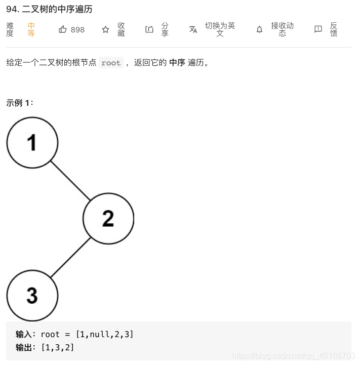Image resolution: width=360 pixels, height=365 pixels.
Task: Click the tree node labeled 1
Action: point(32,142)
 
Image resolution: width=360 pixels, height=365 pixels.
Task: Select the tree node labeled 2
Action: point(108,219)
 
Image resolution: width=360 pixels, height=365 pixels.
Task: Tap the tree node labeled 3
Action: point(32,295)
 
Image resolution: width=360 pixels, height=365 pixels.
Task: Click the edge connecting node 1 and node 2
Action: point(70,181)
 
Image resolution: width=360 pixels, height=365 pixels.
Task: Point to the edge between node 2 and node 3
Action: point(70,257)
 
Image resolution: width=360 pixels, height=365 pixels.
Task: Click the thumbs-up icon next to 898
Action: point(63,29)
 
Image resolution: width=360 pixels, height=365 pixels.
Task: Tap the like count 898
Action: point(77,30)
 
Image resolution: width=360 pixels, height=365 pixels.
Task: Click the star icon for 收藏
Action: point(105,29)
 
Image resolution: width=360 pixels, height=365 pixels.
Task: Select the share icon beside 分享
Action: point(149,29)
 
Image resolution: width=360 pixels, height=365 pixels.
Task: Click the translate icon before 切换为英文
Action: point(193,29)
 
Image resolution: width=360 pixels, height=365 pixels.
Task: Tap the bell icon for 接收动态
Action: point(259,29)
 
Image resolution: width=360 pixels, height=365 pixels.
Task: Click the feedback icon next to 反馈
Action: point(318,29)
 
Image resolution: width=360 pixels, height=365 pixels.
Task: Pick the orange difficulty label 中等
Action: point(31,29)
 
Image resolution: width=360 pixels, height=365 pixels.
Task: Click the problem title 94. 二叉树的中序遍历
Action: point(49,9)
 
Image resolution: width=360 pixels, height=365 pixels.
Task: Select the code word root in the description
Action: point(111,63)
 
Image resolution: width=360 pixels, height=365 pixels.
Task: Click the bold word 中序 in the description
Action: point(177,63)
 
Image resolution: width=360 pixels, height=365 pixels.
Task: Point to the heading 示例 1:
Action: point(20,103)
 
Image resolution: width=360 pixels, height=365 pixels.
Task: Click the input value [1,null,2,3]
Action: point(105,334)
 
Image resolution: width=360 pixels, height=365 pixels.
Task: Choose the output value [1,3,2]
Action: point(57,347)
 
